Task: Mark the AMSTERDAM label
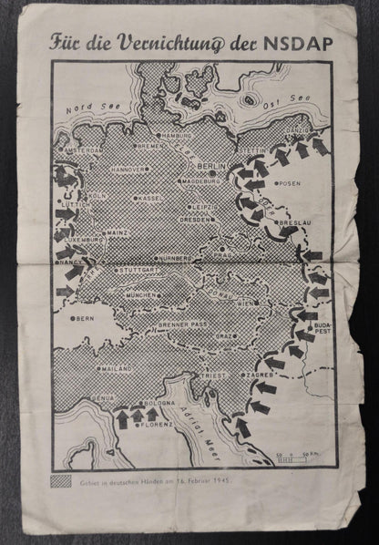(82, 150)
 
